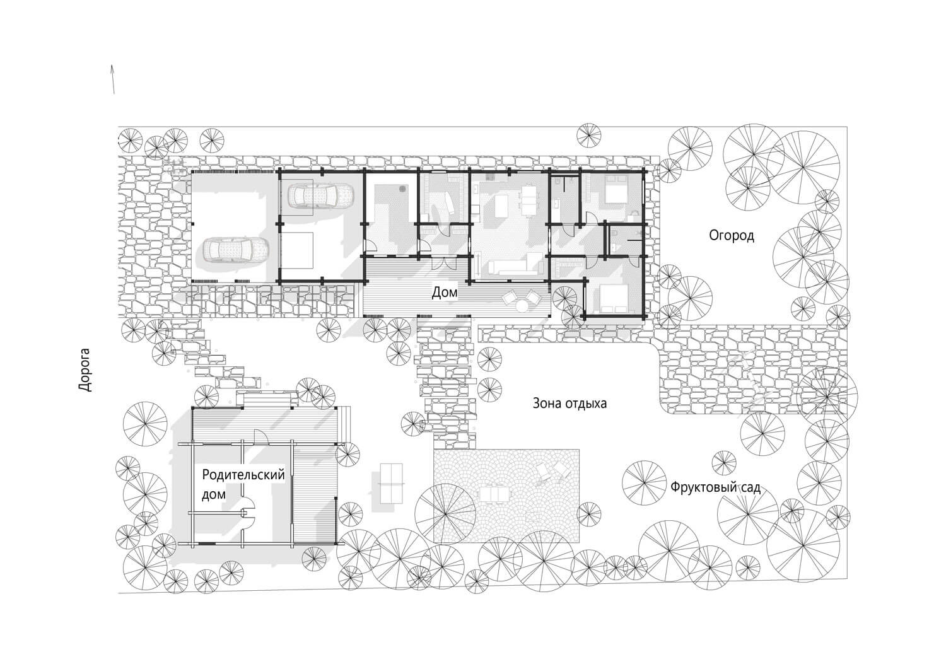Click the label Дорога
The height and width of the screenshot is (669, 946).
tap(85, 370)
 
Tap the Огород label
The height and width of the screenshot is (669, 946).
tap(732, 236)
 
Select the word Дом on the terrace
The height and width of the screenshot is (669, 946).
tap(444, 293)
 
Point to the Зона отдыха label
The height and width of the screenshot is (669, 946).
tap(569, 404)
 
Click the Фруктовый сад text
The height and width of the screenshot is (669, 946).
tap(715, 488)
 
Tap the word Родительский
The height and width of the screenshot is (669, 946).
tap(243, 475)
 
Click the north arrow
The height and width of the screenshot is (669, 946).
tap(113, 79)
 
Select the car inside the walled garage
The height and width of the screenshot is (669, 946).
tap(320, 195)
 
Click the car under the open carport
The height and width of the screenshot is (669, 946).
tap(237, 249)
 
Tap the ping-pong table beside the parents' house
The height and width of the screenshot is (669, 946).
tap(392, 483)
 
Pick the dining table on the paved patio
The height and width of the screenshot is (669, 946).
tap(494, 495)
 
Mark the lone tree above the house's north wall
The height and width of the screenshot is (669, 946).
tap(588, 135)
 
